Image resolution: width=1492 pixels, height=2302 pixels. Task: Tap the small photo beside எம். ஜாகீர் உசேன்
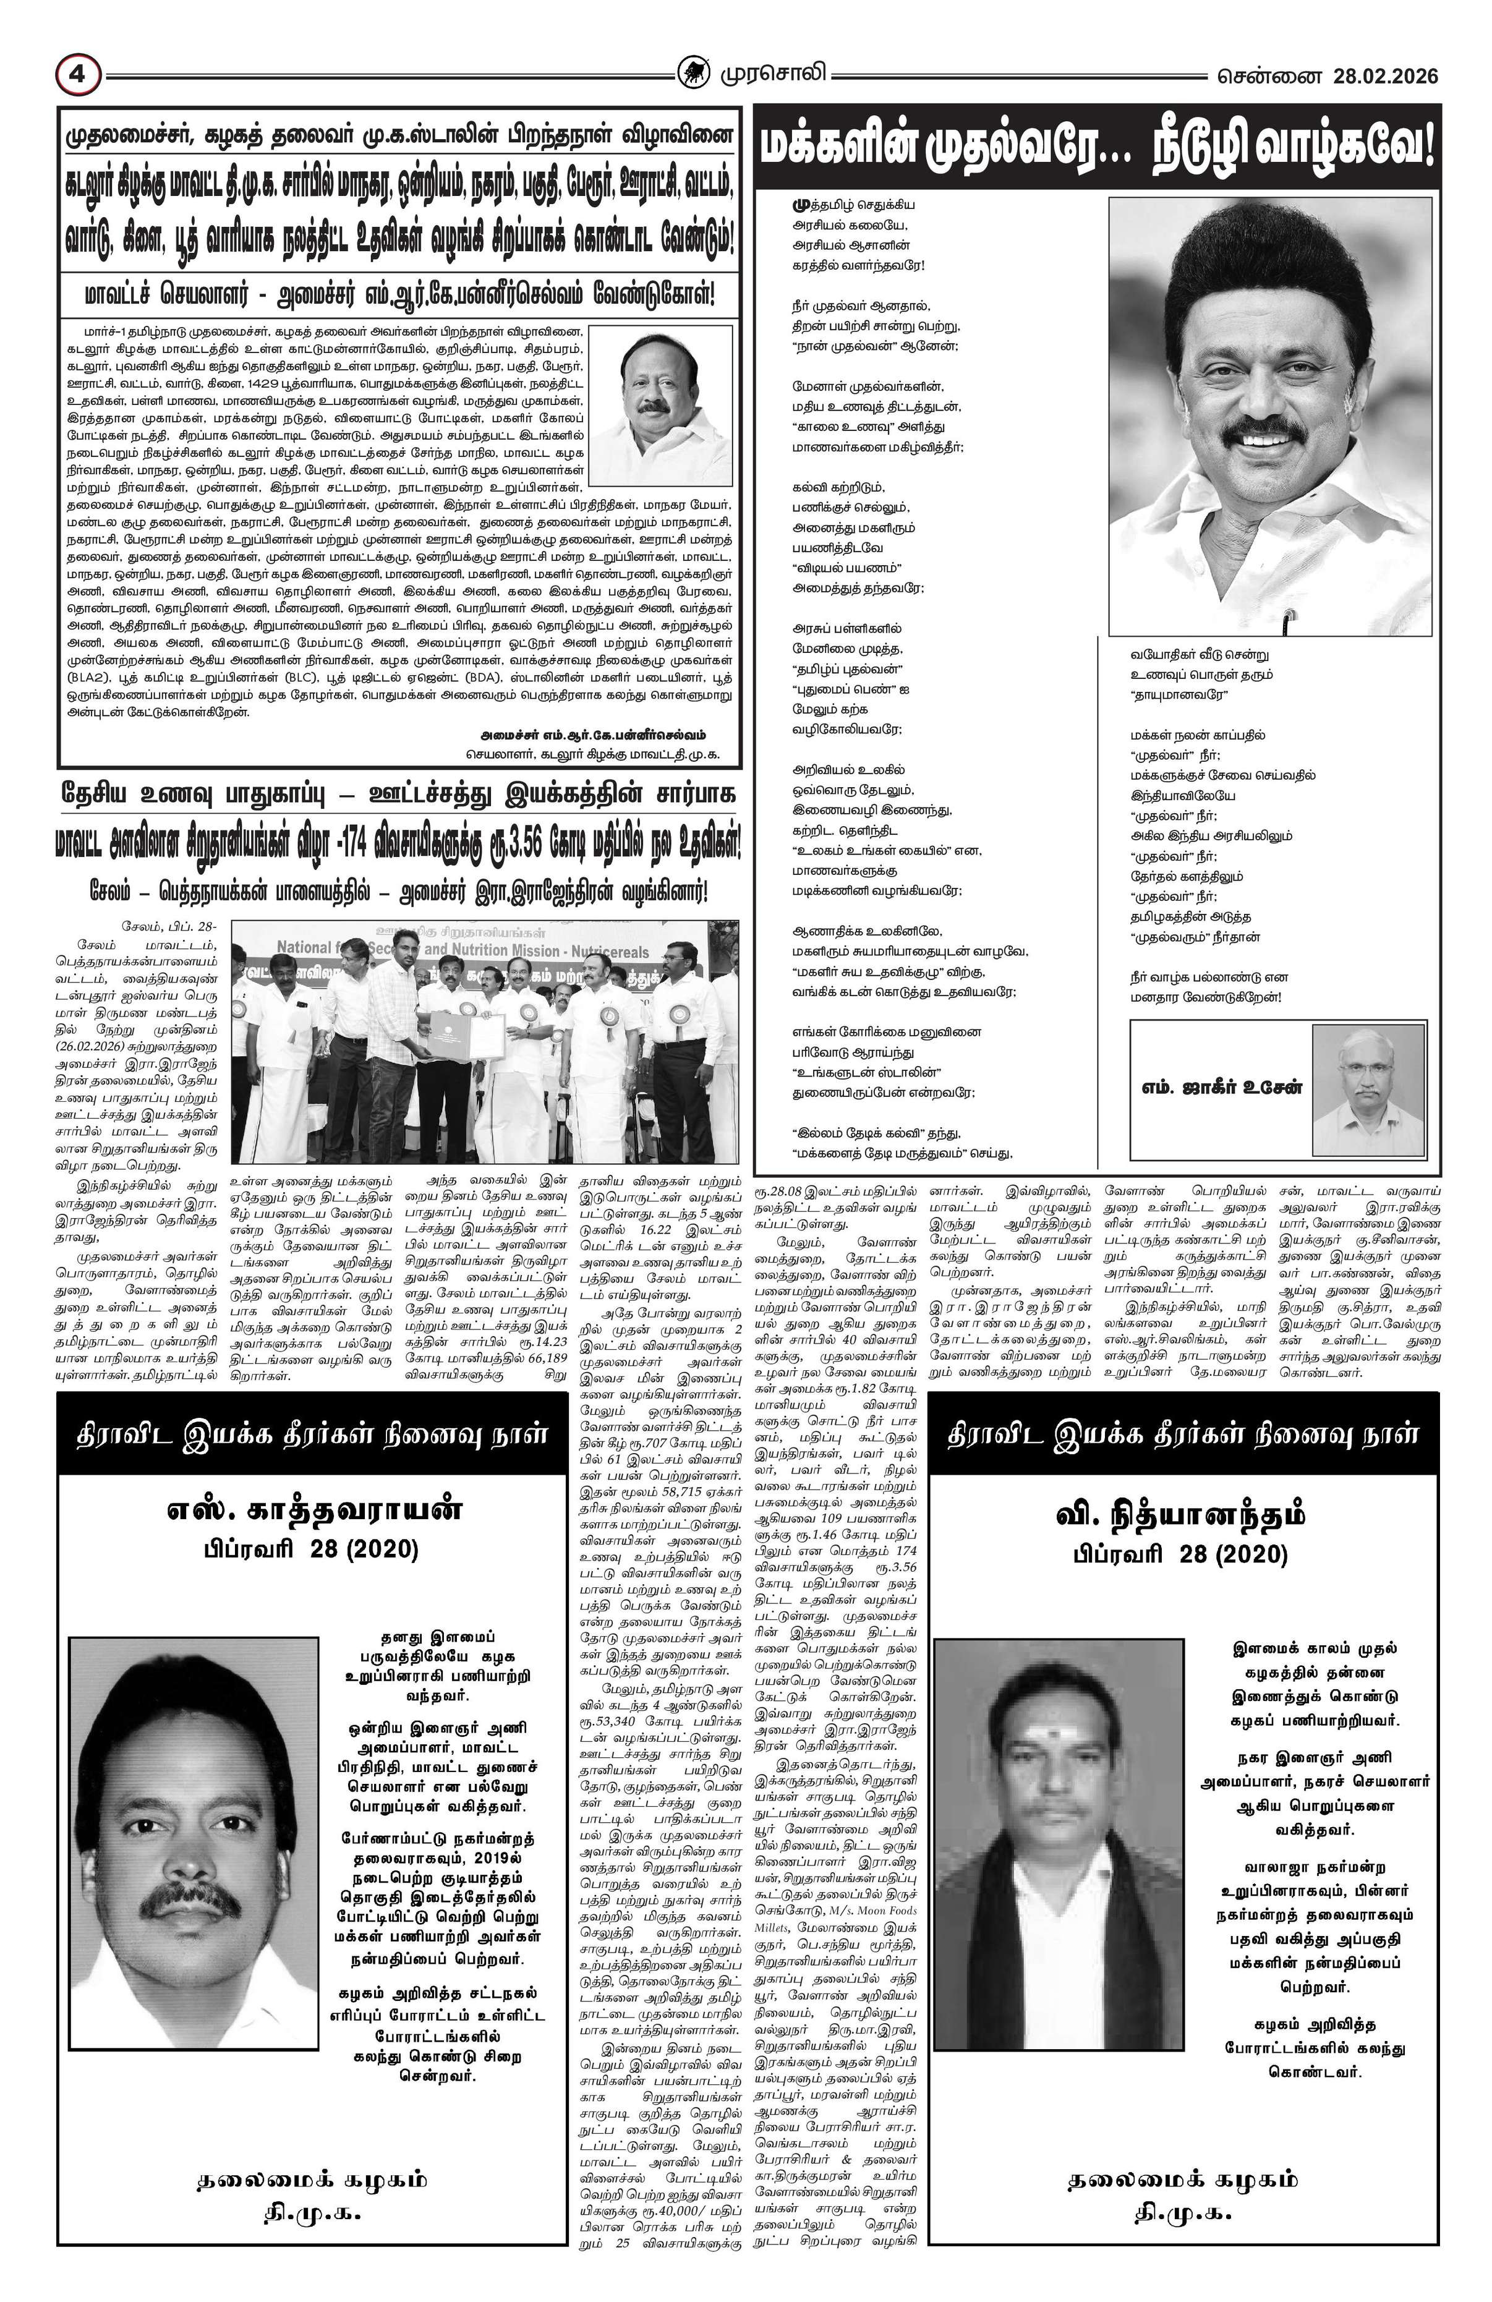1367,1089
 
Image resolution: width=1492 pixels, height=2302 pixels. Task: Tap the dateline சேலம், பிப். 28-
170,927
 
